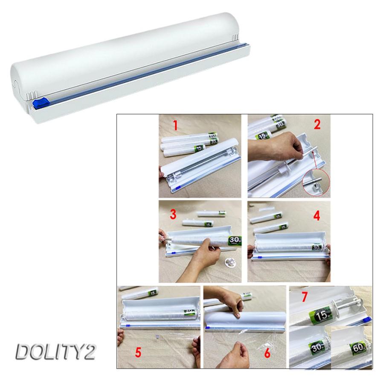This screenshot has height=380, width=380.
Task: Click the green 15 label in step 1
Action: [x=199, y=148]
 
